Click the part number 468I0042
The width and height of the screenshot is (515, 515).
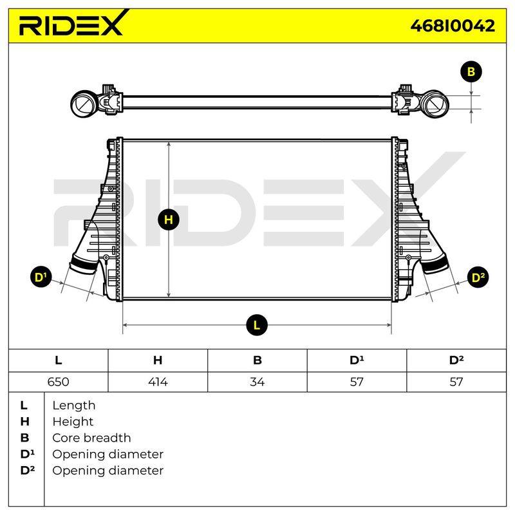tap(453, 26)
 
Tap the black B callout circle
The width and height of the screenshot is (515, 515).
tap(471, 72)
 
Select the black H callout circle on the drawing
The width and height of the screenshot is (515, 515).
tap(169, 220)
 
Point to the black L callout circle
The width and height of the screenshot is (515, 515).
tap(257, 325)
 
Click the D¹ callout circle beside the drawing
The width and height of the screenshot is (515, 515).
tap(41, 277)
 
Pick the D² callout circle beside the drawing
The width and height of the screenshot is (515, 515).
tap(478, 277)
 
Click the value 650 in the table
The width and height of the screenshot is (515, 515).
tap(58, 382)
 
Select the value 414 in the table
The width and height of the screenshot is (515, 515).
tap(158, 382)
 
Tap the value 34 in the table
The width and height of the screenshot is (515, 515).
tap(257, 382)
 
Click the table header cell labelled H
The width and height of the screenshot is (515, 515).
tap(158, 360)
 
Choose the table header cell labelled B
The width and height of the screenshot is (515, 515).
tap(257, 360)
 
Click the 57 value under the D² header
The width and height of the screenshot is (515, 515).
tap(456, 382)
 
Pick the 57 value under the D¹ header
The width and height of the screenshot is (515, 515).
tap(357, 382)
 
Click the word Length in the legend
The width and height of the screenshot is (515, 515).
tap(74, 406)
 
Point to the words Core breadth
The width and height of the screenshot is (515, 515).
tap(91, 438)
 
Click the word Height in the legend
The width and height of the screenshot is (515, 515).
tap(73, 422)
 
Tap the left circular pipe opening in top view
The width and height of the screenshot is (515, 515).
tap(84, 104)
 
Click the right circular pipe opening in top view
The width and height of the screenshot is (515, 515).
tap(435, 104)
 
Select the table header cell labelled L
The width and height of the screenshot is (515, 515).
tap(58, 360)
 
